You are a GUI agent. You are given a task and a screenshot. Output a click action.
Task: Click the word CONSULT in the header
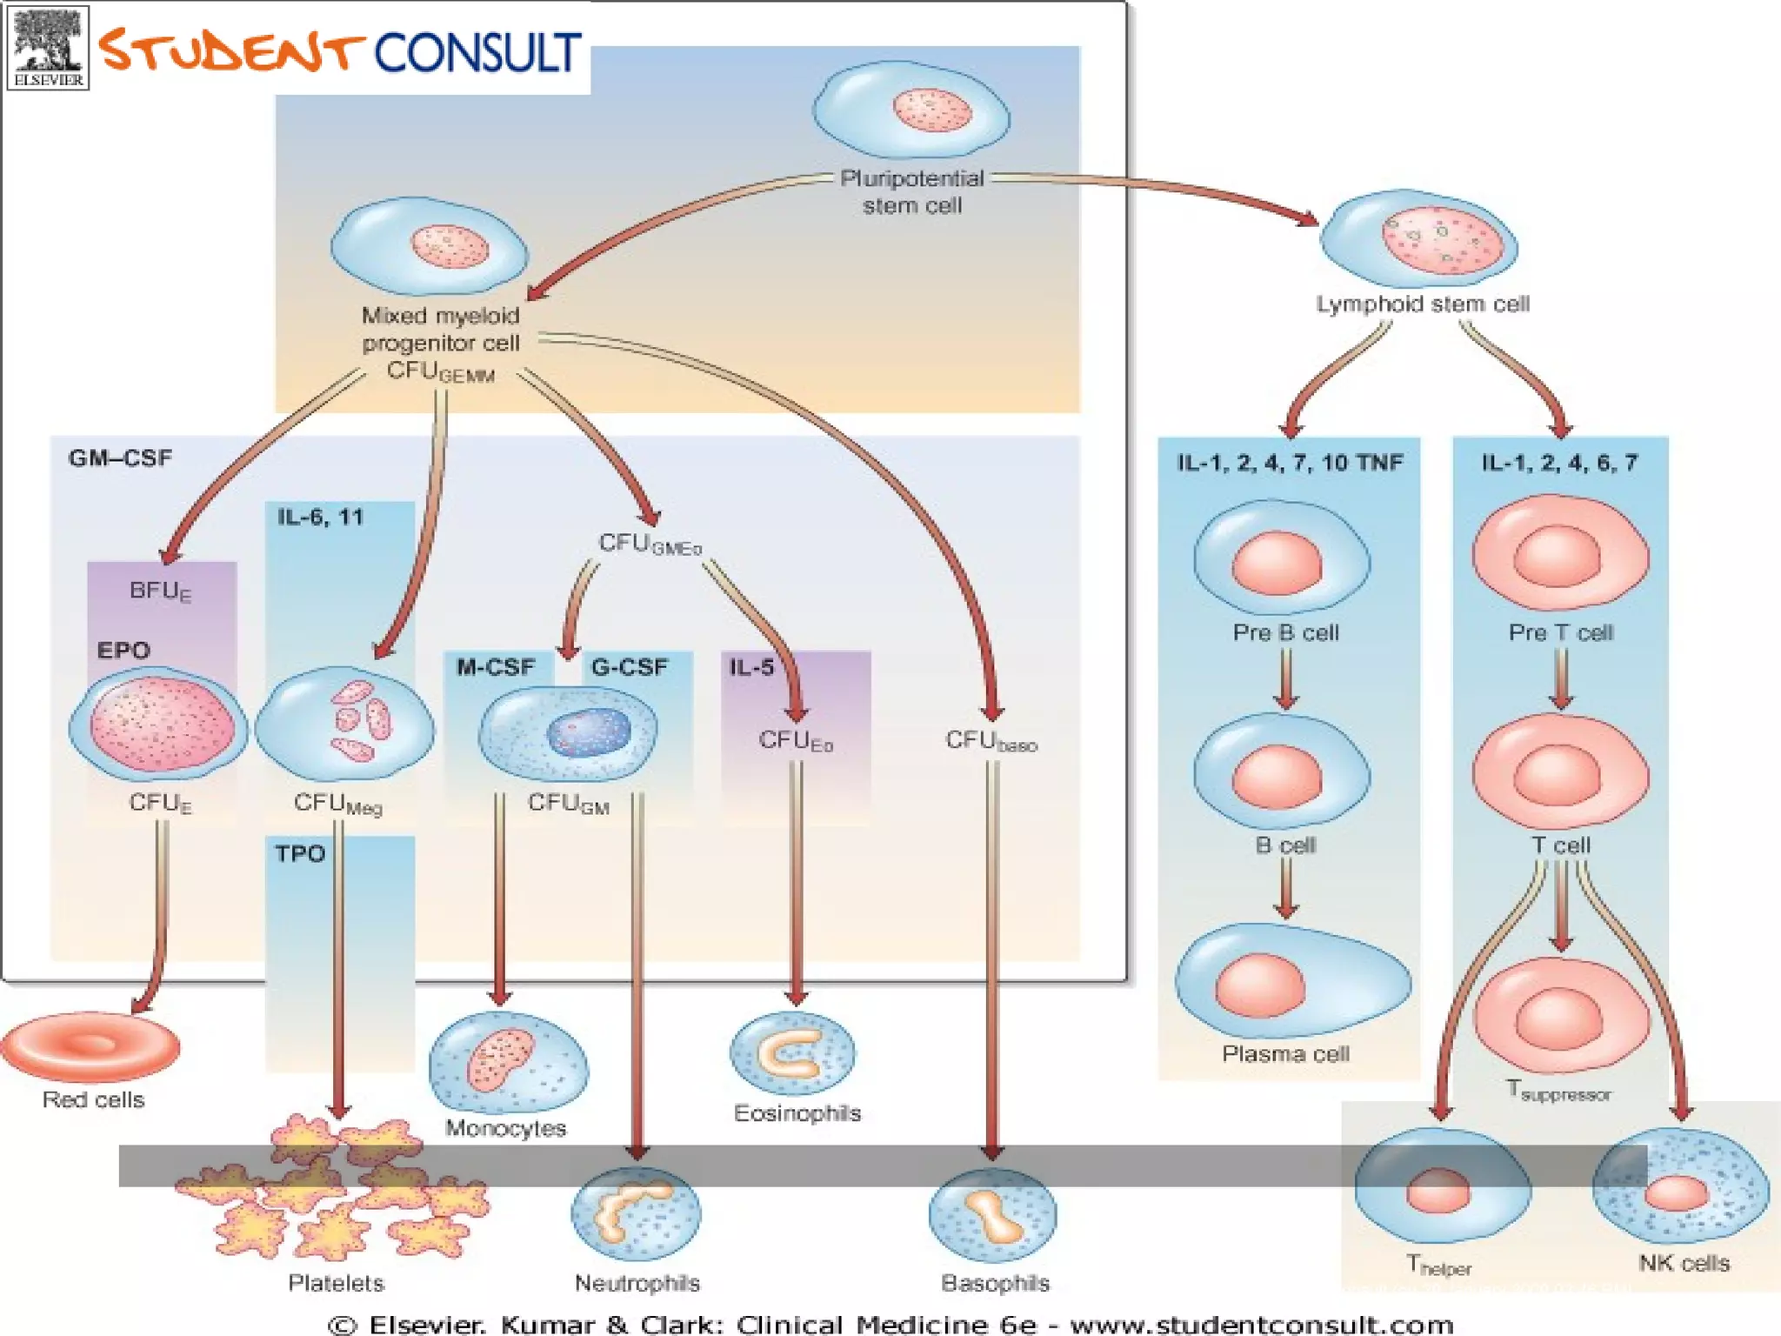coord(477,54)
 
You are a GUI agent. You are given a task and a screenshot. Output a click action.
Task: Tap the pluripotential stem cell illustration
coord(911,111)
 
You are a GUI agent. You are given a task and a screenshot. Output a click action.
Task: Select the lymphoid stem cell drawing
coord(1419,240)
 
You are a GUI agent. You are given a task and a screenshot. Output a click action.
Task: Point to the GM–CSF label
coord(120,458)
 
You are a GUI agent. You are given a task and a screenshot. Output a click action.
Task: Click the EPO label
coord(123,651)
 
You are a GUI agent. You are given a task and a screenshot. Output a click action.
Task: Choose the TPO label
coord(300,854)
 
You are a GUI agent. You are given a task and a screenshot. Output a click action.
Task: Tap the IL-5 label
coord(751,668)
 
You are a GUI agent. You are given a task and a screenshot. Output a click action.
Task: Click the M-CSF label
coord(496,668)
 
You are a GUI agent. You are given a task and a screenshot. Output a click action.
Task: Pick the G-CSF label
coord(630,668)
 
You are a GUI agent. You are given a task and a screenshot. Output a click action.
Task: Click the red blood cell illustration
coord(90,1046)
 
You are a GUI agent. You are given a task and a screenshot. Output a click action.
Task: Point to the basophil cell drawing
coord(992,1214)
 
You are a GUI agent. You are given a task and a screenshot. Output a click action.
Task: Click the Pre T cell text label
coord(1561,633)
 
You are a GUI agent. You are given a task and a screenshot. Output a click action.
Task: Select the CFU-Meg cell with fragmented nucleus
coord(345,724)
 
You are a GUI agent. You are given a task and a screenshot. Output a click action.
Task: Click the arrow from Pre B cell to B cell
coord(1286,678)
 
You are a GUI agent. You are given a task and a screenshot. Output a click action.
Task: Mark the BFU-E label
coord(160,591)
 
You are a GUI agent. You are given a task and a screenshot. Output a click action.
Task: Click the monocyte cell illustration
coord(508,1063)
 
